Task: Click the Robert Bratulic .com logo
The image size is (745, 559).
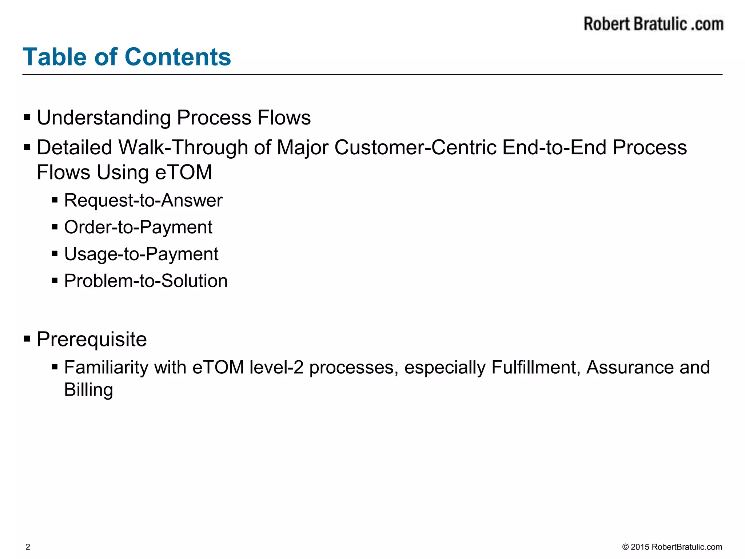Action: pos(653,24)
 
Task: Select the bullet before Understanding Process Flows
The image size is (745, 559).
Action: pos(27,118)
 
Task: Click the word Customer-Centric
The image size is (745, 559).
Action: pos(415,148)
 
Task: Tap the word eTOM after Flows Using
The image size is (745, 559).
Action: pos(183,173)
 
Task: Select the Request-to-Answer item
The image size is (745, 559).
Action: pos(143,201)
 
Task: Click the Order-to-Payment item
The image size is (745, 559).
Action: pos(138,227)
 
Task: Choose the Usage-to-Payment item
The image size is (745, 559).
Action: pos(141,254)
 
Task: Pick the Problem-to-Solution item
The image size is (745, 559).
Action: pos(146,281)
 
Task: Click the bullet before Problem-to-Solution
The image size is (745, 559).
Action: pos(55,281)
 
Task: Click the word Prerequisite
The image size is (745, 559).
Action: pos(92,340)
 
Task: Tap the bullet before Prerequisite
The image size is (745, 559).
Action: pos(27,339)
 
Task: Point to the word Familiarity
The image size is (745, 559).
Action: pos(106,367)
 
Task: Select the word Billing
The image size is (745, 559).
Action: pos(88,390)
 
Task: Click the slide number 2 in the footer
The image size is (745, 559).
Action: pos(28,547)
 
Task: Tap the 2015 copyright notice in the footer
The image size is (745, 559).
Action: pos(672,547)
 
